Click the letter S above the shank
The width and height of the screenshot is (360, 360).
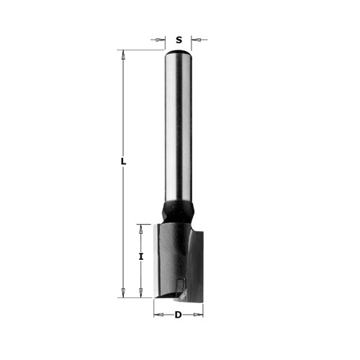[179, 40]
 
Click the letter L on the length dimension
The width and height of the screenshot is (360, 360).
[123, 161]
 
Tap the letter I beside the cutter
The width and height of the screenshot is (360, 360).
[141, 256]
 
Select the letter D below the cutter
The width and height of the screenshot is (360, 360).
[178, 315]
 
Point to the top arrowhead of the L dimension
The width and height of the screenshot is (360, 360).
[123, 55]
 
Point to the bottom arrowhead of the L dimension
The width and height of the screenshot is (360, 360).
[123, 293]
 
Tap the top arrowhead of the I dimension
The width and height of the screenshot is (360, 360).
[141, 229]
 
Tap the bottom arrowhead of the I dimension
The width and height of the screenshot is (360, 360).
[141, 293]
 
